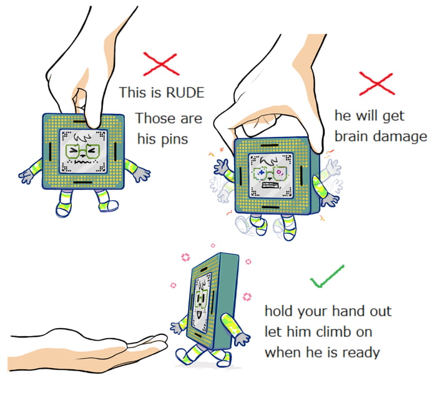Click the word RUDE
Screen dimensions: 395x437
pos(185,92)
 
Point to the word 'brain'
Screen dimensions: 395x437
pos(354,136)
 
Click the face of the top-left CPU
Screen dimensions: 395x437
pos(84,153)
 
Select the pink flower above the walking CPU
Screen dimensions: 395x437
pos(185,257)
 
